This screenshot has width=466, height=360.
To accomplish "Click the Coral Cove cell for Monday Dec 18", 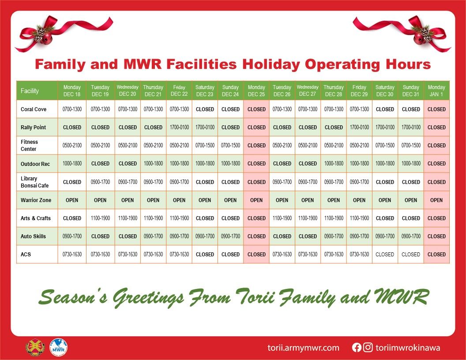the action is (x=72, y=109).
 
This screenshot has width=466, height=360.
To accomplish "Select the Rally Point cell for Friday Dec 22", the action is (x=179, y=127).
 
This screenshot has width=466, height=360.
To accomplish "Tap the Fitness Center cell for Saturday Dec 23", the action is (x=205, y=145).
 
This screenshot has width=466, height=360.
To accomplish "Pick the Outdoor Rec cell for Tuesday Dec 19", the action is (x=100, y=163).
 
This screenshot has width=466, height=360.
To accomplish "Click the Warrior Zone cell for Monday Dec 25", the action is (x=256, y=200).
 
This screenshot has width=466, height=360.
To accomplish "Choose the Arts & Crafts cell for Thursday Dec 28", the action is (x=334, y=218).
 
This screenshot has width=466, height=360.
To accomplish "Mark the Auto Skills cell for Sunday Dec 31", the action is (x=411, y=236).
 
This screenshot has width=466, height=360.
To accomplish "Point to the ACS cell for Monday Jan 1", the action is (x=436, y=254).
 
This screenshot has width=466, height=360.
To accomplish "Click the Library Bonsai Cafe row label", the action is (x=34, y=182).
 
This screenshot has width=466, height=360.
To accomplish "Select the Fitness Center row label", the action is (x=29, y=145).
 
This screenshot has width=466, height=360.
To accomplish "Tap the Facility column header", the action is (x=30, y=90).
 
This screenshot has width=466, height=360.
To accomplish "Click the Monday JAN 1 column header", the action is (x=436, y=90).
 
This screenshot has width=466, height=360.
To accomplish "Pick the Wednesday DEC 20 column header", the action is (x=128, y=90).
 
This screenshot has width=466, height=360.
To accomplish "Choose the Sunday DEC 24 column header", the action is (x=230, y=90).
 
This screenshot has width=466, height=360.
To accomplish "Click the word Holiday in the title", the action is (x=271, y=64).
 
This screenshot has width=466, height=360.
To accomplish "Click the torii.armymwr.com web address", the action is (x=303, y=348).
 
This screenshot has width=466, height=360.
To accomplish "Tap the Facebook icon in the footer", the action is (x=357, y=347).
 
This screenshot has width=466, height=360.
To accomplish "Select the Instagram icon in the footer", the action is (x=368, y=347).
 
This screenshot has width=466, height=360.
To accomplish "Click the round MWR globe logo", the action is (x=59, y=347).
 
